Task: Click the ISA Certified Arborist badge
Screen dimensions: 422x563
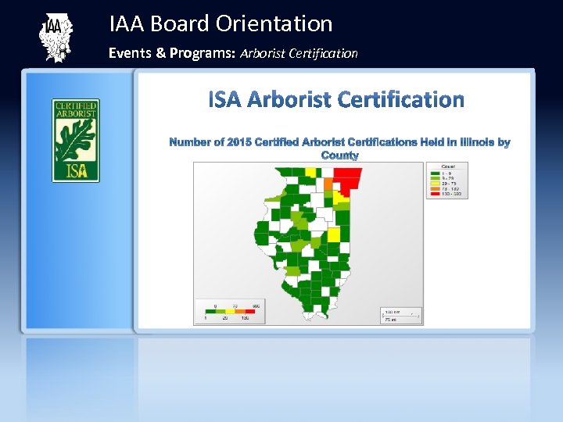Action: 76,140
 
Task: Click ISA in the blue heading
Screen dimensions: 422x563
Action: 225,100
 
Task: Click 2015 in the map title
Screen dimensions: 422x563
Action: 240,142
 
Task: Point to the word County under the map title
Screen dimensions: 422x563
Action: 339,156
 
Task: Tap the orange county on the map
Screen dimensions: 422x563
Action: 329,184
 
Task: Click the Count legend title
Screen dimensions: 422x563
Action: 448,166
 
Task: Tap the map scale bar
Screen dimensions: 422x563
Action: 401,315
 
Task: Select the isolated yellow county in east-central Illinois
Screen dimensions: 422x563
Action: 334,234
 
